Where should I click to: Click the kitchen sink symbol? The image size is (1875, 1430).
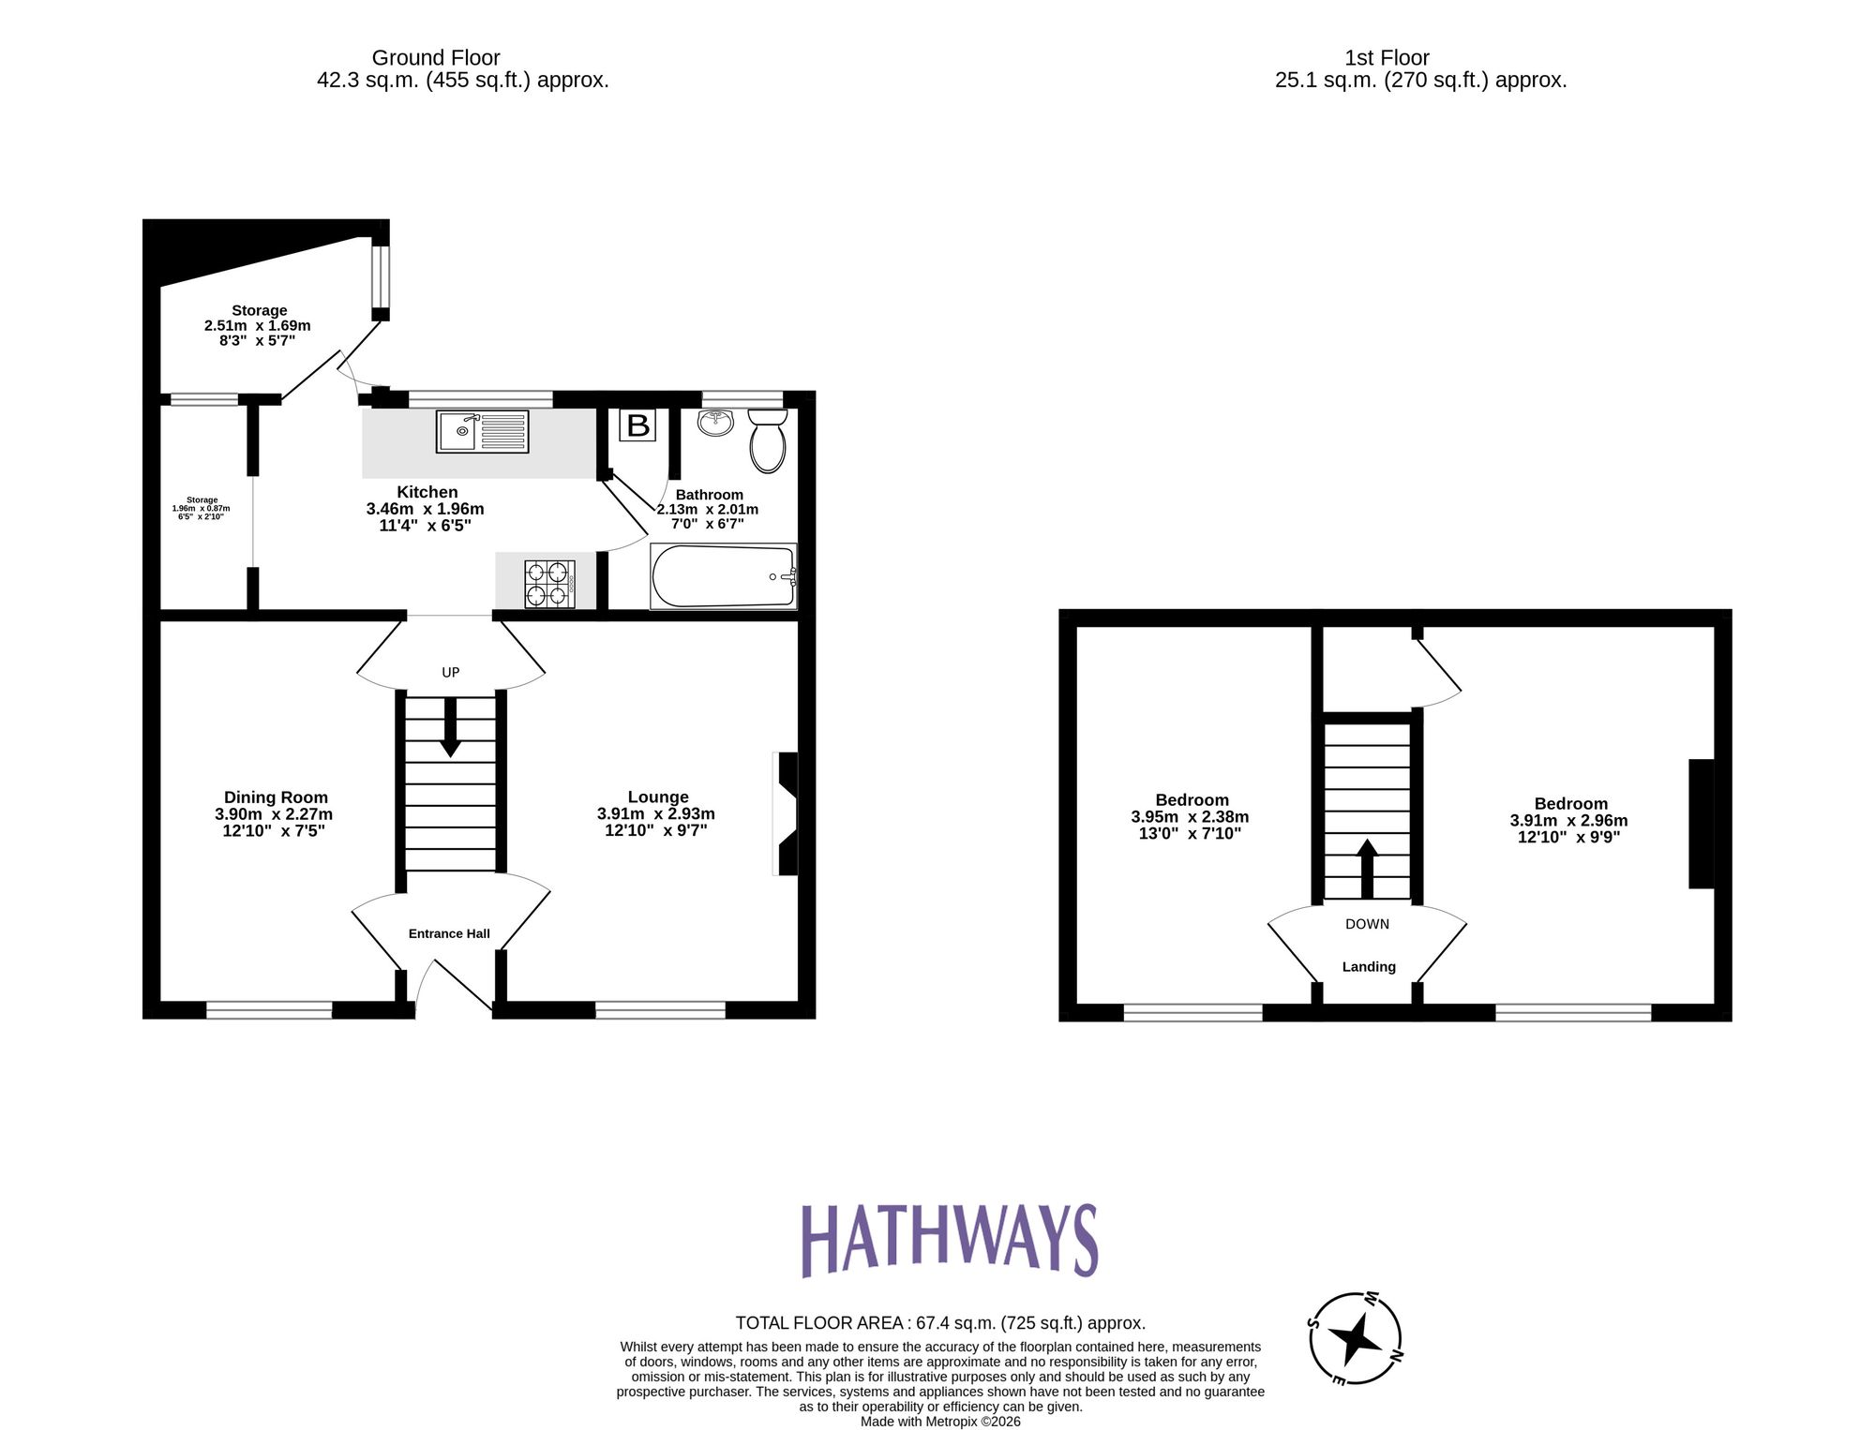click(482, 431)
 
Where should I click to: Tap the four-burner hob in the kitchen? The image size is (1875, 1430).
click(549, 583)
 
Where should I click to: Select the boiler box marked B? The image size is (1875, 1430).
click(637, 425)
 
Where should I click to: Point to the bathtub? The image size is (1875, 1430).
click(723, 576)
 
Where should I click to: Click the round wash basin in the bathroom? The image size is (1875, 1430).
click(716, 422)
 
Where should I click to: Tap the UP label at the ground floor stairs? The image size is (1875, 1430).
click(451, 672)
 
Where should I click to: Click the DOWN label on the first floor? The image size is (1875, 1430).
click(1367, 924)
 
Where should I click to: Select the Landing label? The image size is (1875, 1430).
click(1369, 966)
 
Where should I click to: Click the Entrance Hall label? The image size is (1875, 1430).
click(449, 933)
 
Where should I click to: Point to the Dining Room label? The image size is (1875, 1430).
click(276, 797)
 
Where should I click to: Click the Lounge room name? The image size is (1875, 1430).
click(658, 797)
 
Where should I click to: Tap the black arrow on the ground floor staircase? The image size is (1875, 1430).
click(450, 727)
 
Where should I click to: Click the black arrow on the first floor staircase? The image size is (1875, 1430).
click(1367, 868)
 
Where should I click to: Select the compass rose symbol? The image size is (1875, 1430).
click(1355, 1339)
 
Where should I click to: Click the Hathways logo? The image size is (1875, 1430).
click(949, 1241)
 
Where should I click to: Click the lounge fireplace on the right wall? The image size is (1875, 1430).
click(787, 813)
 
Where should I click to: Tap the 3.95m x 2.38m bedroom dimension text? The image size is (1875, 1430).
click(1190, 817)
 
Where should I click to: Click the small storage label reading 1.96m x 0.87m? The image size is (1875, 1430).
click(202, 508)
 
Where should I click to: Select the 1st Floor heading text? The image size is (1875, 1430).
click(1387, 58)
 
